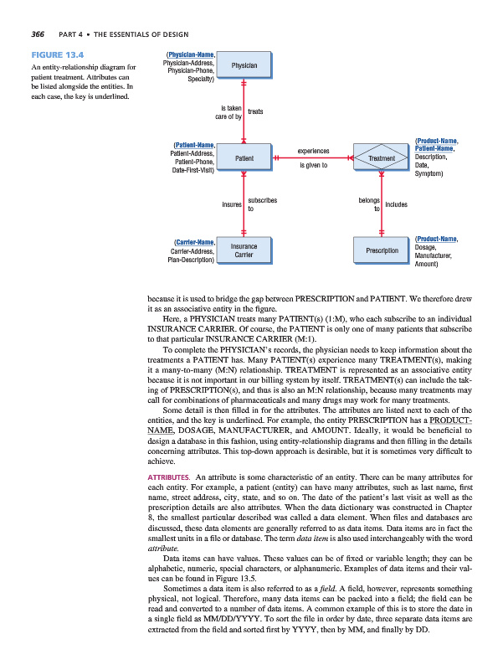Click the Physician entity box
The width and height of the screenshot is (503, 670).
pyautogui.click(x=244, y=65)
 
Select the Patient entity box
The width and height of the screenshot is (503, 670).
pyautogui.click(x=244, y=157)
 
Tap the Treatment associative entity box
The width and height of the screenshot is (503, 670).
pyautogui.click(x=381, y=157)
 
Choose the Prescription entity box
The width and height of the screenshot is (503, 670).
pyautogui.click(x=381, y=250)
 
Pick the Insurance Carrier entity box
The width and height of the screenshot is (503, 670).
pyautogui.click(x=244, y=250)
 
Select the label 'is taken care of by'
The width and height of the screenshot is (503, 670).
pyautogui.click(x=228, y=112)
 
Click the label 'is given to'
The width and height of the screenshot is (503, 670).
pyautogui.click(x=313, y=165)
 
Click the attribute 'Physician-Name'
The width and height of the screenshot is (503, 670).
pyautogui.click(x=189, y=54)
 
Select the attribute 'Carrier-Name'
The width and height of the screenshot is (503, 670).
pyautogui.click(x=191, y=242)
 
